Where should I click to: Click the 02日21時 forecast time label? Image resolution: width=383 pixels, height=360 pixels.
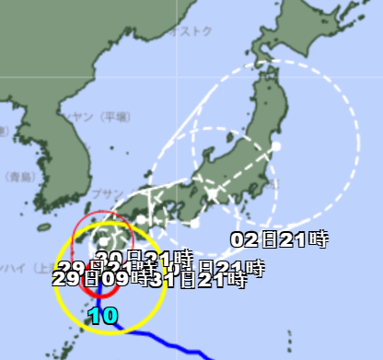279,240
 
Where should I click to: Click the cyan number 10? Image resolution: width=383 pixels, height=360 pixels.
103,317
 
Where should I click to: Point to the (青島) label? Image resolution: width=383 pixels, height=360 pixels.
16,176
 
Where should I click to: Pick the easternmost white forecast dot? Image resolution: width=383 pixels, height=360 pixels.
275,146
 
